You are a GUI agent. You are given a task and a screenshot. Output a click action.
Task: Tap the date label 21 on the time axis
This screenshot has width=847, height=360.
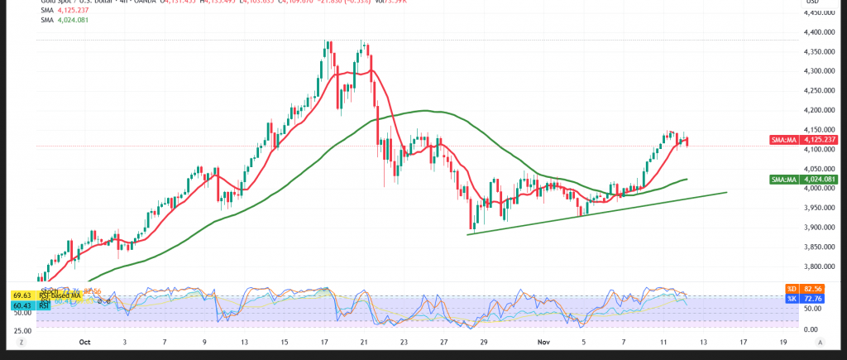point(363,341)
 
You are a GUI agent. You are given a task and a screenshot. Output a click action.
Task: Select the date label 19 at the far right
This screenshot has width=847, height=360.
point(783,341)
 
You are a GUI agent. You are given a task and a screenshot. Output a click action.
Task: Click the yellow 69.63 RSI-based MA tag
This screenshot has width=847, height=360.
point(22,295)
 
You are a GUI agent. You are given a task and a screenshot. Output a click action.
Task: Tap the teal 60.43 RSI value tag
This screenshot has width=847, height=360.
point(22,305)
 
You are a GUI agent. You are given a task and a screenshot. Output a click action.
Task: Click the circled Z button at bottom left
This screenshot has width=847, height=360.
point(23,341)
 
